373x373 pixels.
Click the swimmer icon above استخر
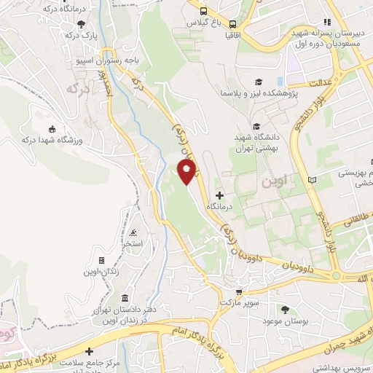tap(133, 233)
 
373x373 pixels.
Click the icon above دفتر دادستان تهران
tap(125, 299)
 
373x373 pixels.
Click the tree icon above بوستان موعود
tap(285, 309)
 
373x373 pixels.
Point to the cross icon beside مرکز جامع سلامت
tap(90, 351)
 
